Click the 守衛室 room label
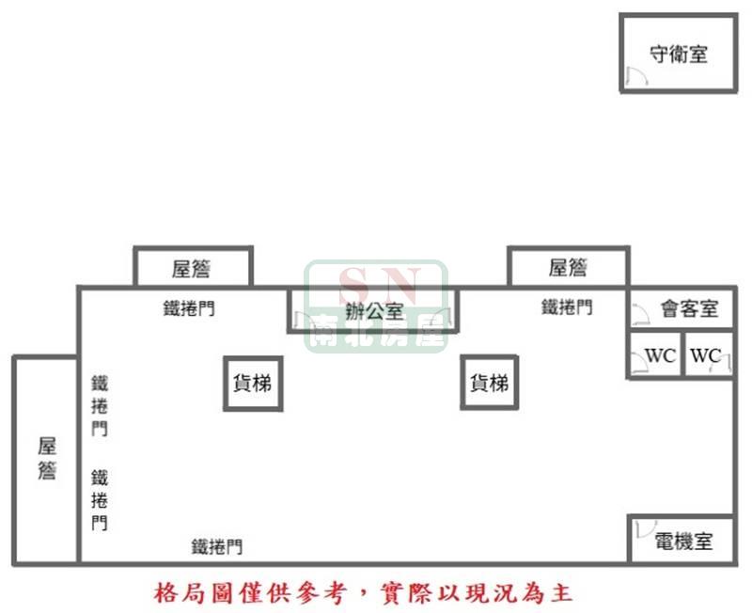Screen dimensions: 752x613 [x=678, y=54]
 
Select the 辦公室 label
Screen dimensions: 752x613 [x=374, y=312]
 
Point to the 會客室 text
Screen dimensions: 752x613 [x=689, y=308]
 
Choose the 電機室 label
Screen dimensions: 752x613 [x=683, y=542]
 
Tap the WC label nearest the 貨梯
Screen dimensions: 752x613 [x=661, y=356]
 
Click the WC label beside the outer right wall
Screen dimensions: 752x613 [x=706, y=356]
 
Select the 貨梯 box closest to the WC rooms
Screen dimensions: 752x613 [x=489, y=383]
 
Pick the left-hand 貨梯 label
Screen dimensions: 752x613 [x=252, y=384]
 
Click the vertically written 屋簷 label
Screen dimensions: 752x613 [x=48, y=458]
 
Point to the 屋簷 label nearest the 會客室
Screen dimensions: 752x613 [x=568, y=268]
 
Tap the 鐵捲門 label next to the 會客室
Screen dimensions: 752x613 [x=567, y=307]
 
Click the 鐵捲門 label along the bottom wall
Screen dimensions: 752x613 [x=217, y=546]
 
